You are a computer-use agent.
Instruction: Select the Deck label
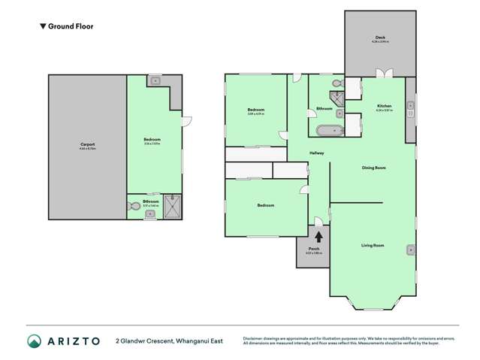tap(380, 39)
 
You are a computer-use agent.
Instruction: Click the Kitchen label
tap(384, 107)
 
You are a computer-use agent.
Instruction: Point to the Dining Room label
tap(373, 168)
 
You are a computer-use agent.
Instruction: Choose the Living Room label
tap(373, 246)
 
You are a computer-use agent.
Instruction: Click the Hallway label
tap(317, 154)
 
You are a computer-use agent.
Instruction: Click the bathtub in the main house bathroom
tap(328, 131)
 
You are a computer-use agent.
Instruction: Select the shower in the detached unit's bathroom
tap(172, 207)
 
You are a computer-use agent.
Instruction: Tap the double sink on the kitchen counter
tap(410, 109)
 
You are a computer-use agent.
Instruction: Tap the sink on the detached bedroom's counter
tap(155, 79)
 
